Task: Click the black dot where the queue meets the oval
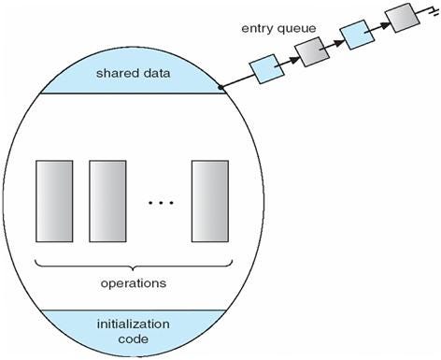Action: click(220, 88)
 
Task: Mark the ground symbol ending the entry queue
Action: click(431, 8)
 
